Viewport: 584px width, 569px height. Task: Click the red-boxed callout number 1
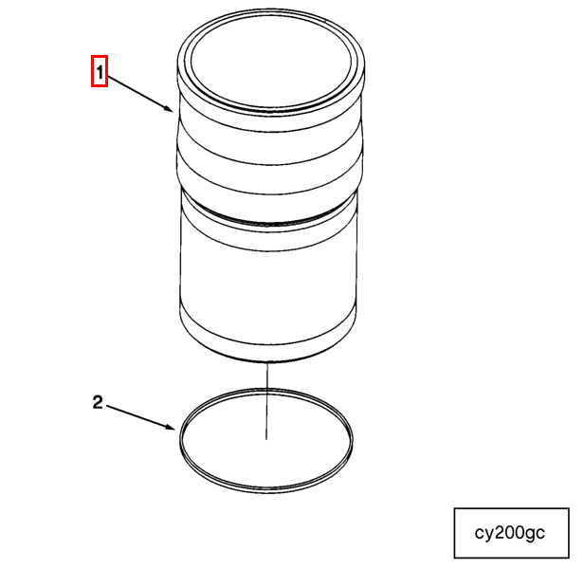click(100, 72)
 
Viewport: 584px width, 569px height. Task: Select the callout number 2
click(98, 402)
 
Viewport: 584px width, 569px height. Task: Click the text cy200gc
click(510, 533)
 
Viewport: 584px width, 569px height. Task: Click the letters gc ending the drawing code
click(536, 534)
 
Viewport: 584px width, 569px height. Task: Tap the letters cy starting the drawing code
click(484, 534)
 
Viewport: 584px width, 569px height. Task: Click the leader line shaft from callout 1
click(137, 91)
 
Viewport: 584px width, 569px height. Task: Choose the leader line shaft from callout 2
click(137, 415)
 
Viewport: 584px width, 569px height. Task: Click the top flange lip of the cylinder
click(269, 104)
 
